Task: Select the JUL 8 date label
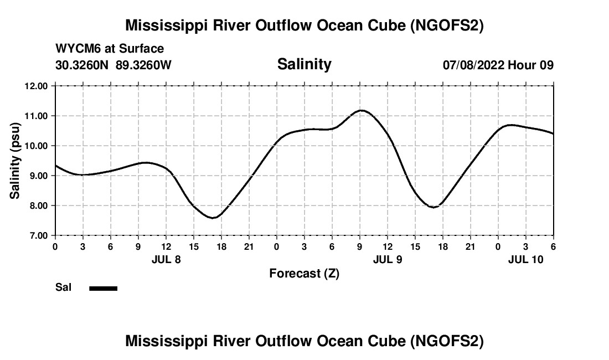[166, 259]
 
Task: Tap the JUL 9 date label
[388, 259]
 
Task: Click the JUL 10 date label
[526, 259]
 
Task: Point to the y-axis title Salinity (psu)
[15, 161]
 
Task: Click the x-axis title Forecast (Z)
[304, 274]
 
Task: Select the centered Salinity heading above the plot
[304, 64]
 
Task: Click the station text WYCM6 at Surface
[110, 49]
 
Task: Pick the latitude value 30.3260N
[83, 65]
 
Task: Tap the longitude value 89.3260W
[143, 65]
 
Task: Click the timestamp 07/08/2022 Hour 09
[498, 65]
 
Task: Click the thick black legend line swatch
[103, 288]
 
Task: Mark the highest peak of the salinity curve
[361, 110]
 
